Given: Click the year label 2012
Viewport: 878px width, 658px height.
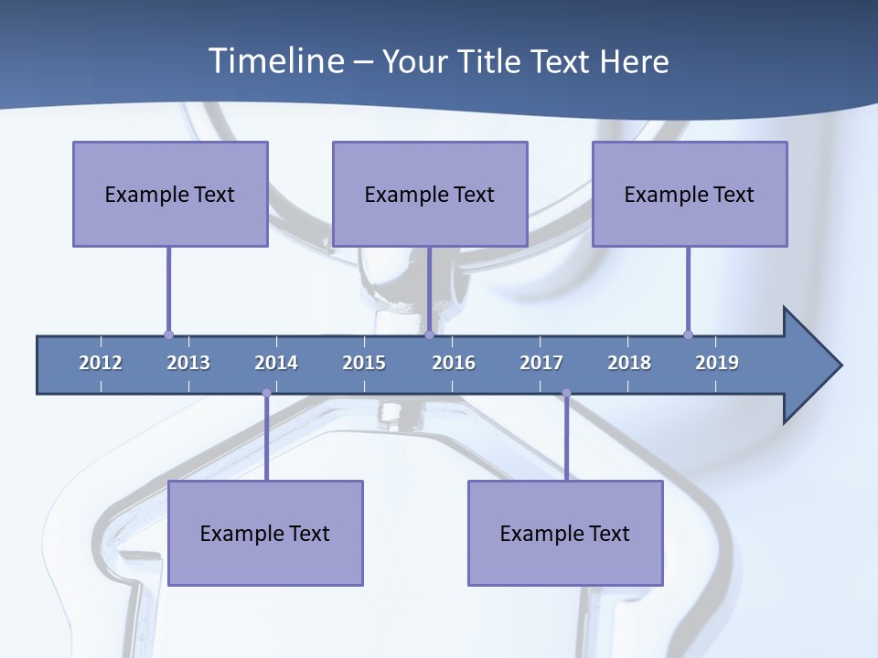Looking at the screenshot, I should point(101,363).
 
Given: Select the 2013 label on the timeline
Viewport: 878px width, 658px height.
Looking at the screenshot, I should point(188,363).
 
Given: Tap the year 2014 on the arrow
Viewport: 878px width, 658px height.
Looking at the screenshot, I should point(276,363).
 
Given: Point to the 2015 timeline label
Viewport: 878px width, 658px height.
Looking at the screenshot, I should point(364,363).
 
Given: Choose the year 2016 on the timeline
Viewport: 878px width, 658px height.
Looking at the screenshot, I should point(454,363).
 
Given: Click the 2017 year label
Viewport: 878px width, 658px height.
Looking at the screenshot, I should point(541,363).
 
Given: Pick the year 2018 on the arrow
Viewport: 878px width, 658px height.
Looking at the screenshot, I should point(629,363).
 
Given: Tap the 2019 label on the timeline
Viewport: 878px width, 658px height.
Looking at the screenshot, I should point(717,363).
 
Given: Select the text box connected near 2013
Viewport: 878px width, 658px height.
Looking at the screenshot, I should point(170,194).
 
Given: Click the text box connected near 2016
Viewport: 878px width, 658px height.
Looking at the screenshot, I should point(430,194).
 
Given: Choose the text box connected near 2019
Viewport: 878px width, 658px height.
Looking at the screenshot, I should point(690,194).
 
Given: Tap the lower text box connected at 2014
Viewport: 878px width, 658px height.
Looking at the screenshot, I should point(265,533).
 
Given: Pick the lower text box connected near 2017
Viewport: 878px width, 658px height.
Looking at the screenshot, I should point(565,533).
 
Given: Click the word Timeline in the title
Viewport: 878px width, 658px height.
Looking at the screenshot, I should point(274,61).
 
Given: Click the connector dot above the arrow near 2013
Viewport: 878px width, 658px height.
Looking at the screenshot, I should point(168,334).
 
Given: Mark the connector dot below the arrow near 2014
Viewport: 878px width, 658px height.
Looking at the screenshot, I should point(266,393).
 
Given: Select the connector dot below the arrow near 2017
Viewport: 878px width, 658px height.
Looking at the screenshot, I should point(566,393).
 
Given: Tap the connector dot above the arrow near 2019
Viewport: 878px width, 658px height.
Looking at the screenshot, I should point(688,334).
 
